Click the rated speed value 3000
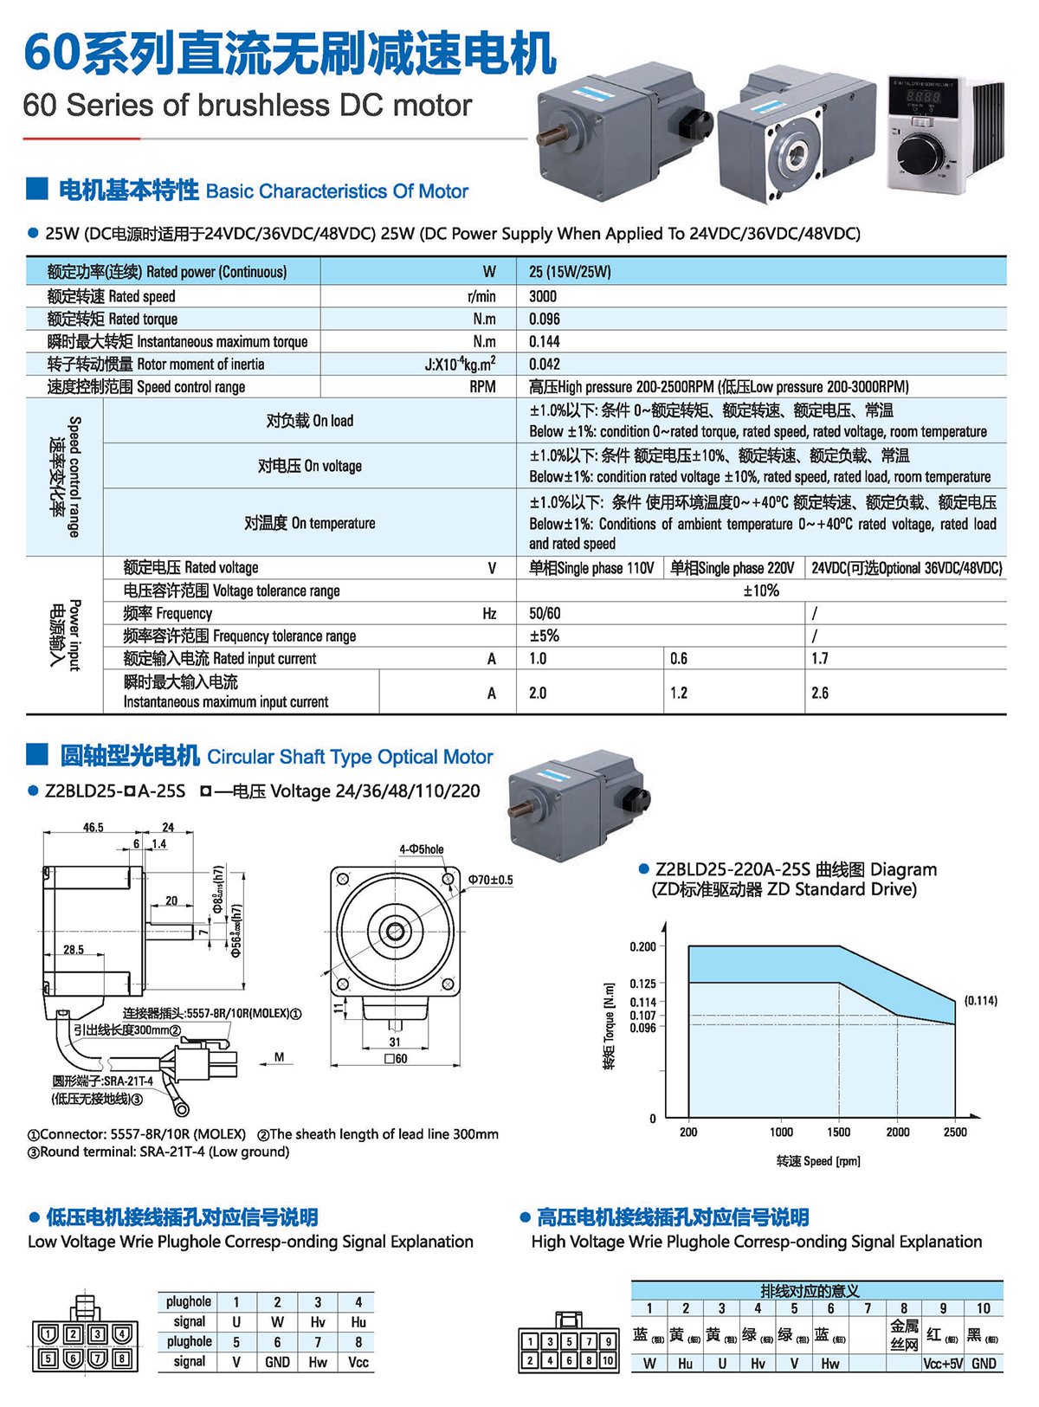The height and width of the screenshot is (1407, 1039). click(543, 296)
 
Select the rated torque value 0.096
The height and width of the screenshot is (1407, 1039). click(545, 319)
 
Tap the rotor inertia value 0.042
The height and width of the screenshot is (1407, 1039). click(545, 365)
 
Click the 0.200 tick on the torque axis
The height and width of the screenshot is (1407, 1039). click(642, 946)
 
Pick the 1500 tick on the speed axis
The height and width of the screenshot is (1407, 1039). click(838, 1132)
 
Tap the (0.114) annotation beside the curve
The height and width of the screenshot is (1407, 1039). click(980, 1000)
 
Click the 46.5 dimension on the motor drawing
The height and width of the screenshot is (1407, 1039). click(93, 827)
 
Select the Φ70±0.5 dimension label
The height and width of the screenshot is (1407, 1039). click(490, 880)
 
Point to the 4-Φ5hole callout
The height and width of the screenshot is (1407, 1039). click(421, 849)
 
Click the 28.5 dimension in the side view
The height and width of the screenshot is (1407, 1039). click(74, 950)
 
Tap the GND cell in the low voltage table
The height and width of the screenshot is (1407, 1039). click(277, 1362)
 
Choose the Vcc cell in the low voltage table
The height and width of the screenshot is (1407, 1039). click(358, 1362)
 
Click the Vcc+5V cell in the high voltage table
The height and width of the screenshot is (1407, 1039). click(943, 1364)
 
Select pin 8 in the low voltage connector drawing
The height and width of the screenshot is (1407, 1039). click(122, 1359)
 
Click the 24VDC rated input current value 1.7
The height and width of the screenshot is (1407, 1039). click(820, 659)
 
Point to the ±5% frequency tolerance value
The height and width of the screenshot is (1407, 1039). click(544, 636)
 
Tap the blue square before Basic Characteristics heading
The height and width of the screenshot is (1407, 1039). click(37, 189)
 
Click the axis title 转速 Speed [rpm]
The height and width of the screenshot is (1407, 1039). click(817, 1161)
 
